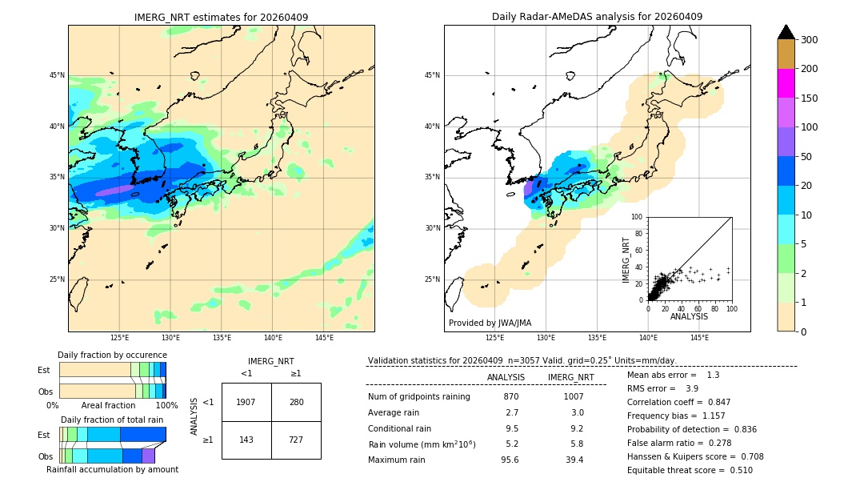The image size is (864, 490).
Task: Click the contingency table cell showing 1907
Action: point(246,402)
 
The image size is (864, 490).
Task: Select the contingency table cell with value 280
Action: point(296,402)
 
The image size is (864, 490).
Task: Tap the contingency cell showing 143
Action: point(246,440)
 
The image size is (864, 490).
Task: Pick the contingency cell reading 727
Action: point(296,440)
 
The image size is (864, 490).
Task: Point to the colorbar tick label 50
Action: point(808,157)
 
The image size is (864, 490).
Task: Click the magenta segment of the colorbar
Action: point(786,83)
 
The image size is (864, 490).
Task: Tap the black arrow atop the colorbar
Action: point(786,32)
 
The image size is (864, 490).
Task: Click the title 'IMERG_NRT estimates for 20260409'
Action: point(221,18)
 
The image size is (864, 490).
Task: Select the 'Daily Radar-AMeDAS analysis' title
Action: point(597,18)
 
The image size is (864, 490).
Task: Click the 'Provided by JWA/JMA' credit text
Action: point(490,323)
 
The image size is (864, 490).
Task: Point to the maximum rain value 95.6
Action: point(510,460)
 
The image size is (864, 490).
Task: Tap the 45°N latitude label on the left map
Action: point(57,75)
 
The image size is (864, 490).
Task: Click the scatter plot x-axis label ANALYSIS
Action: point(689,317)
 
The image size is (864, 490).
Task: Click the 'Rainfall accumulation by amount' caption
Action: point(112,470)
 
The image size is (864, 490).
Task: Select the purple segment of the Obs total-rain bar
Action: point(148,456)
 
